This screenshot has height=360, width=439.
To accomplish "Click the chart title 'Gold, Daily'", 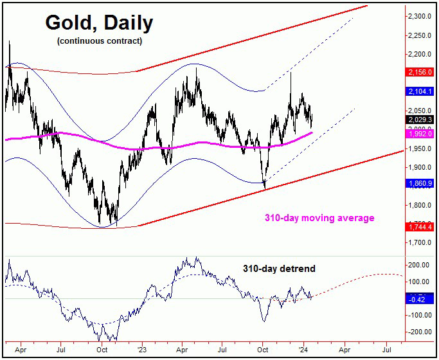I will (99, 24).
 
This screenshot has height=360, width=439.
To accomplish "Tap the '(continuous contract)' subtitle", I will (99, 42).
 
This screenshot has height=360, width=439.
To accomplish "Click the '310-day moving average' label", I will (319, 218).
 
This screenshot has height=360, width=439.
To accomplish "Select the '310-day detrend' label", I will (278, 267).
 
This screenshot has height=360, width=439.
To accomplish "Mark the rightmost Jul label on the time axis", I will (388, 352).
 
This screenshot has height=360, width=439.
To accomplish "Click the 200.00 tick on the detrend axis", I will (421, 265).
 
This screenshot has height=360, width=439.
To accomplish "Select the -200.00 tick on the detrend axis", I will (421, 332).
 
